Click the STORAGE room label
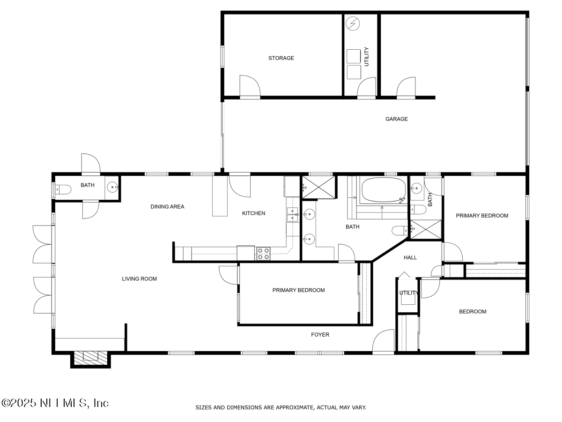click(x=281, y=58)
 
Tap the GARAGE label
click(x=396, y=119)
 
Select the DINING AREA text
click(x=167, y=207)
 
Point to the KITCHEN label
click(x=253, y=213)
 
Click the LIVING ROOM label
click(x=139, y=279)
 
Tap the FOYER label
click(x=320, y=335)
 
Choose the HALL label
click(x=410, y=257)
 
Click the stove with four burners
click(x=263, y=254)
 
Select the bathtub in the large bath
click(x=384, y=190)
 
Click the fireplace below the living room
click(x=90, y=357)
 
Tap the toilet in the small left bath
click(x=62, y=189)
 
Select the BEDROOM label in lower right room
click(x=472, y=312)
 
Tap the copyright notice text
click(x=55, y=403)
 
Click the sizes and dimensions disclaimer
click(x=281, y=407)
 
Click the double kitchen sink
click(x=293, y=214)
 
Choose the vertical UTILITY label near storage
click(x=366, y=57)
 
